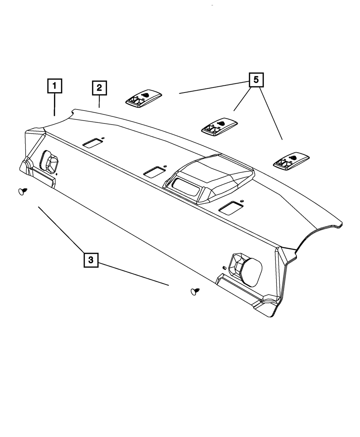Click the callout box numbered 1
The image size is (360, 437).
click(55, 86)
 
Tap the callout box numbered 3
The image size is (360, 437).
click(91, 260)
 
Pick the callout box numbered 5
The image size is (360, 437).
click(256, 80)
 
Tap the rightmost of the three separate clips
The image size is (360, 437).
click(291, 160)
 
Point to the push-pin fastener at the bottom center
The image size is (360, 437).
click(195, 291)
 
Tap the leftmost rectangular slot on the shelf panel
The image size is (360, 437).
click(93, 143)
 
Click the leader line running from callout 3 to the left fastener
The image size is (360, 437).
click(61, 229)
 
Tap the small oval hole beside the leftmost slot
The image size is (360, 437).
click(103, 138)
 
